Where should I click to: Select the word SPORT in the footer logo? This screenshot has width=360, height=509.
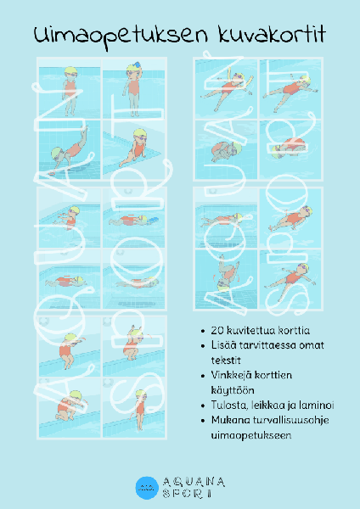coord(194,494)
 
